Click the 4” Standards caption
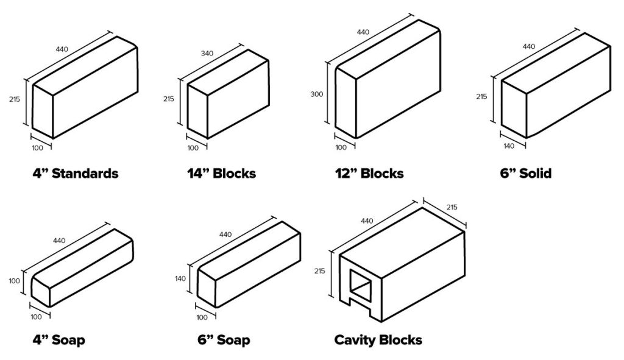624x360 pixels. (x=75, y=174)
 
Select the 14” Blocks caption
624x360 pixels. (x=221, y=174)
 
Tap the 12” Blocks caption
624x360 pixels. (x=370, y=174)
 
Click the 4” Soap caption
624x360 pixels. (x=58, y=339)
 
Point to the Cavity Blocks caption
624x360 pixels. (x=378, y=339)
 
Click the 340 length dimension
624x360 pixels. (x=207, y=54)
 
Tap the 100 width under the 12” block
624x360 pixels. (x=340, y=147)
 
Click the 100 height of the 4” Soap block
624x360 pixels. (x=15, y=281)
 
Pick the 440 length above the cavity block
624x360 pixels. (x=369, y=221)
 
